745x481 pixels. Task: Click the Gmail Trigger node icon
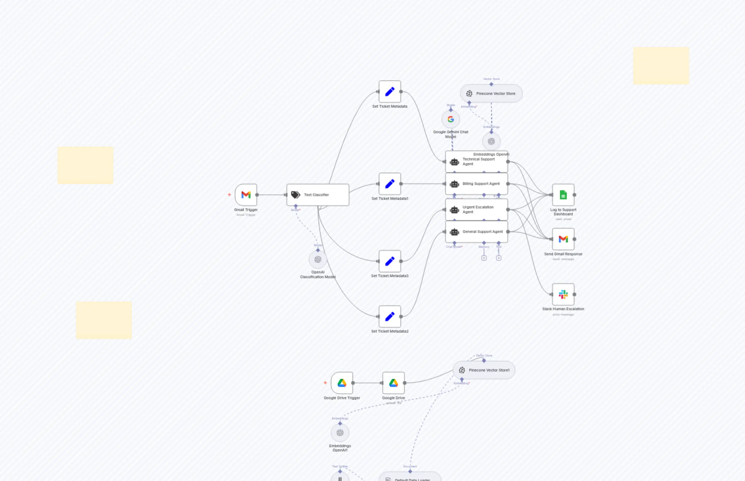246,195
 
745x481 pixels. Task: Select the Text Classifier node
318,195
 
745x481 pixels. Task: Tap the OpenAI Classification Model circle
318,260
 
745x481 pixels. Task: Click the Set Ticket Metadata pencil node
390,92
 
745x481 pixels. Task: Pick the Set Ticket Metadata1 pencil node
390,184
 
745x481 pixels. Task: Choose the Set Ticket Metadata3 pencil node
390,261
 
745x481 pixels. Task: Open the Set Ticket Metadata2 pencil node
390,317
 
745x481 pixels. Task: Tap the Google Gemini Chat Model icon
451,119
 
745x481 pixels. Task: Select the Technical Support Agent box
476,162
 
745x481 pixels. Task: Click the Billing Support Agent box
476,184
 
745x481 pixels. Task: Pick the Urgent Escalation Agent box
476,209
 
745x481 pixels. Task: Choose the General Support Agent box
476,232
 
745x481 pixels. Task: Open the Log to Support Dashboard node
563,195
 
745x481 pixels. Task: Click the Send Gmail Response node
563,239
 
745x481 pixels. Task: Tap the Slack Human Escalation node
563,294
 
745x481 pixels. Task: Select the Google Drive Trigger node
342,383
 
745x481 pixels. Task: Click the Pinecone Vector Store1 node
484,370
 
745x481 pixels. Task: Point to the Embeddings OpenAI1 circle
340,433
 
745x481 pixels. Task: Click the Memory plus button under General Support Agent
484,258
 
